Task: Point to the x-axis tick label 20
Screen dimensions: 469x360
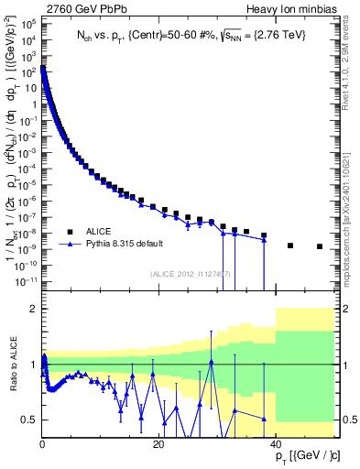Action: pyautogui.click(x=158, y=445)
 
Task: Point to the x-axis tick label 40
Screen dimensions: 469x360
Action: pyautogui.click(x=275, y=445)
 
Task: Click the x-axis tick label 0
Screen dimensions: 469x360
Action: pyautogui.click(x=43, y=445)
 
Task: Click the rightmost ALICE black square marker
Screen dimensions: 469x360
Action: pyautogui.click(x=320, y=246)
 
